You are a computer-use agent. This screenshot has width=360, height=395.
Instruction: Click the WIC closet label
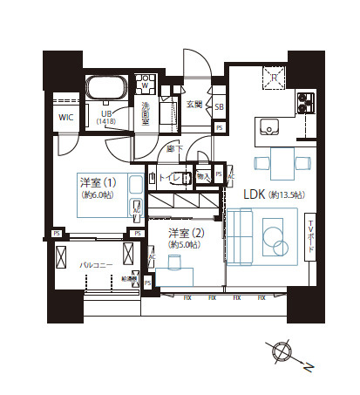coord(65,116)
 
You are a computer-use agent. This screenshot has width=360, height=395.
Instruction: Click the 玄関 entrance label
coord(194,105)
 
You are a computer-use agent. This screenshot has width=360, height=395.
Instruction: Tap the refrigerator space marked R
coord(274,78)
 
